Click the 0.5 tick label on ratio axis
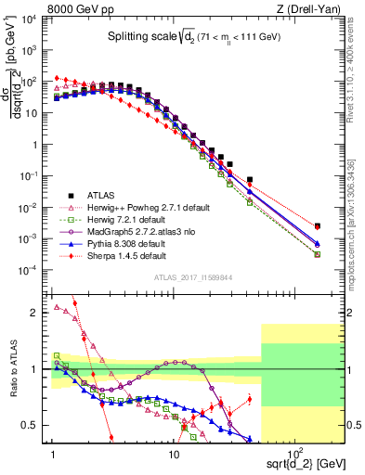coord(38,425)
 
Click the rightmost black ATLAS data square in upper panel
coord(318,225)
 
